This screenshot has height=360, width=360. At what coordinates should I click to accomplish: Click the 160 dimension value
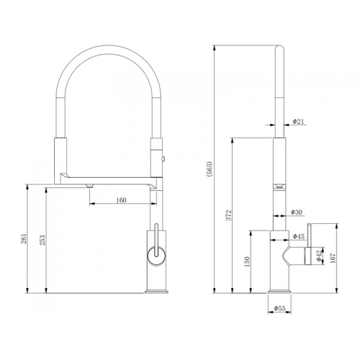pyautogui.click(x=121, y=200)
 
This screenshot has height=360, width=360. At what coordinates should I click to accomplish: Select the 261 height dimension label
pyautogui.click(x=24, y=238)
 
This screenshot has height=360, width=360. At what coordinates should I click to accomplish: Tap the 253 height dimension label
pyautogui.click(x=42, y=240)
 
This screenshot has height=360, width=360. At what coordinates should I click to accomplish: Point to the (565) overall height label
pyautogui.click(x=210, y=169)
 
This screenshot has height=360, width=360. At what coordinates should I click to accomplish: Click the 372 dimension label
pyautogui.click(x=229, y=215)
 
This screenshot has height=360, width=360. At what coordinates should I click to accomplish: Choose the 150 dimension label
pyautogui.click(x=247, y=262)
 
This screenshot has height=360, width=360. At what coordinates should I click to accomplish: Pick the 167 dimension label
pyautogui.click(x=333, y=258)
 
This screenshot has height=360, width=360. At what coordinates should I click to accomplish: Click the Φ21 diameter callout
pyautogui.click(x=298, y=122)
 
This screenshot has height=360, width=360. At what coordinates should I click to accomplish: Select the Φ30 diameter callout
pyautogui.click(x=297, y=212)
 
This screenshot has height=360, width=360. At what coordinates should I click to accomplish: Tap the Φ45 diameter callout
pyautogui.click(x=299, y=236)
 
